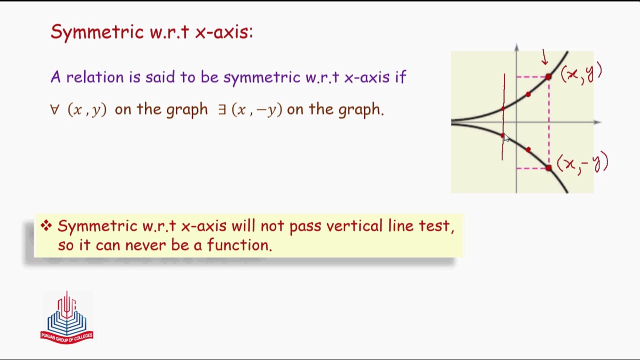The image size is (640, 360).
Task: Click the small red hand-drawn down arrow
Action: point(544,57)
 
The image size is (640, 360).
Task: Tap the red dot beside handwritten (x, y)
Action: point(548,77)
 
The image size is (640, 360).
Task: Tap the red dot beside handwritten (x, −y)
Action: point(548,168)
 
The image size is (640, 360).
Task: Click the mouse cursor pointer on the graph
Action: point(506,138)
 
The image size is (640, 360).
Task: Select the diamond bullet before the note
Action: point(46,226)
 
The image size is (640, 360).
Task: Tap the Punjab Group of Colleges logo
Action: point(67,317)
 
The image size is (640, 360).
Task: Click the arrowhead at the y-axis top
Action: point(516,48)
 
